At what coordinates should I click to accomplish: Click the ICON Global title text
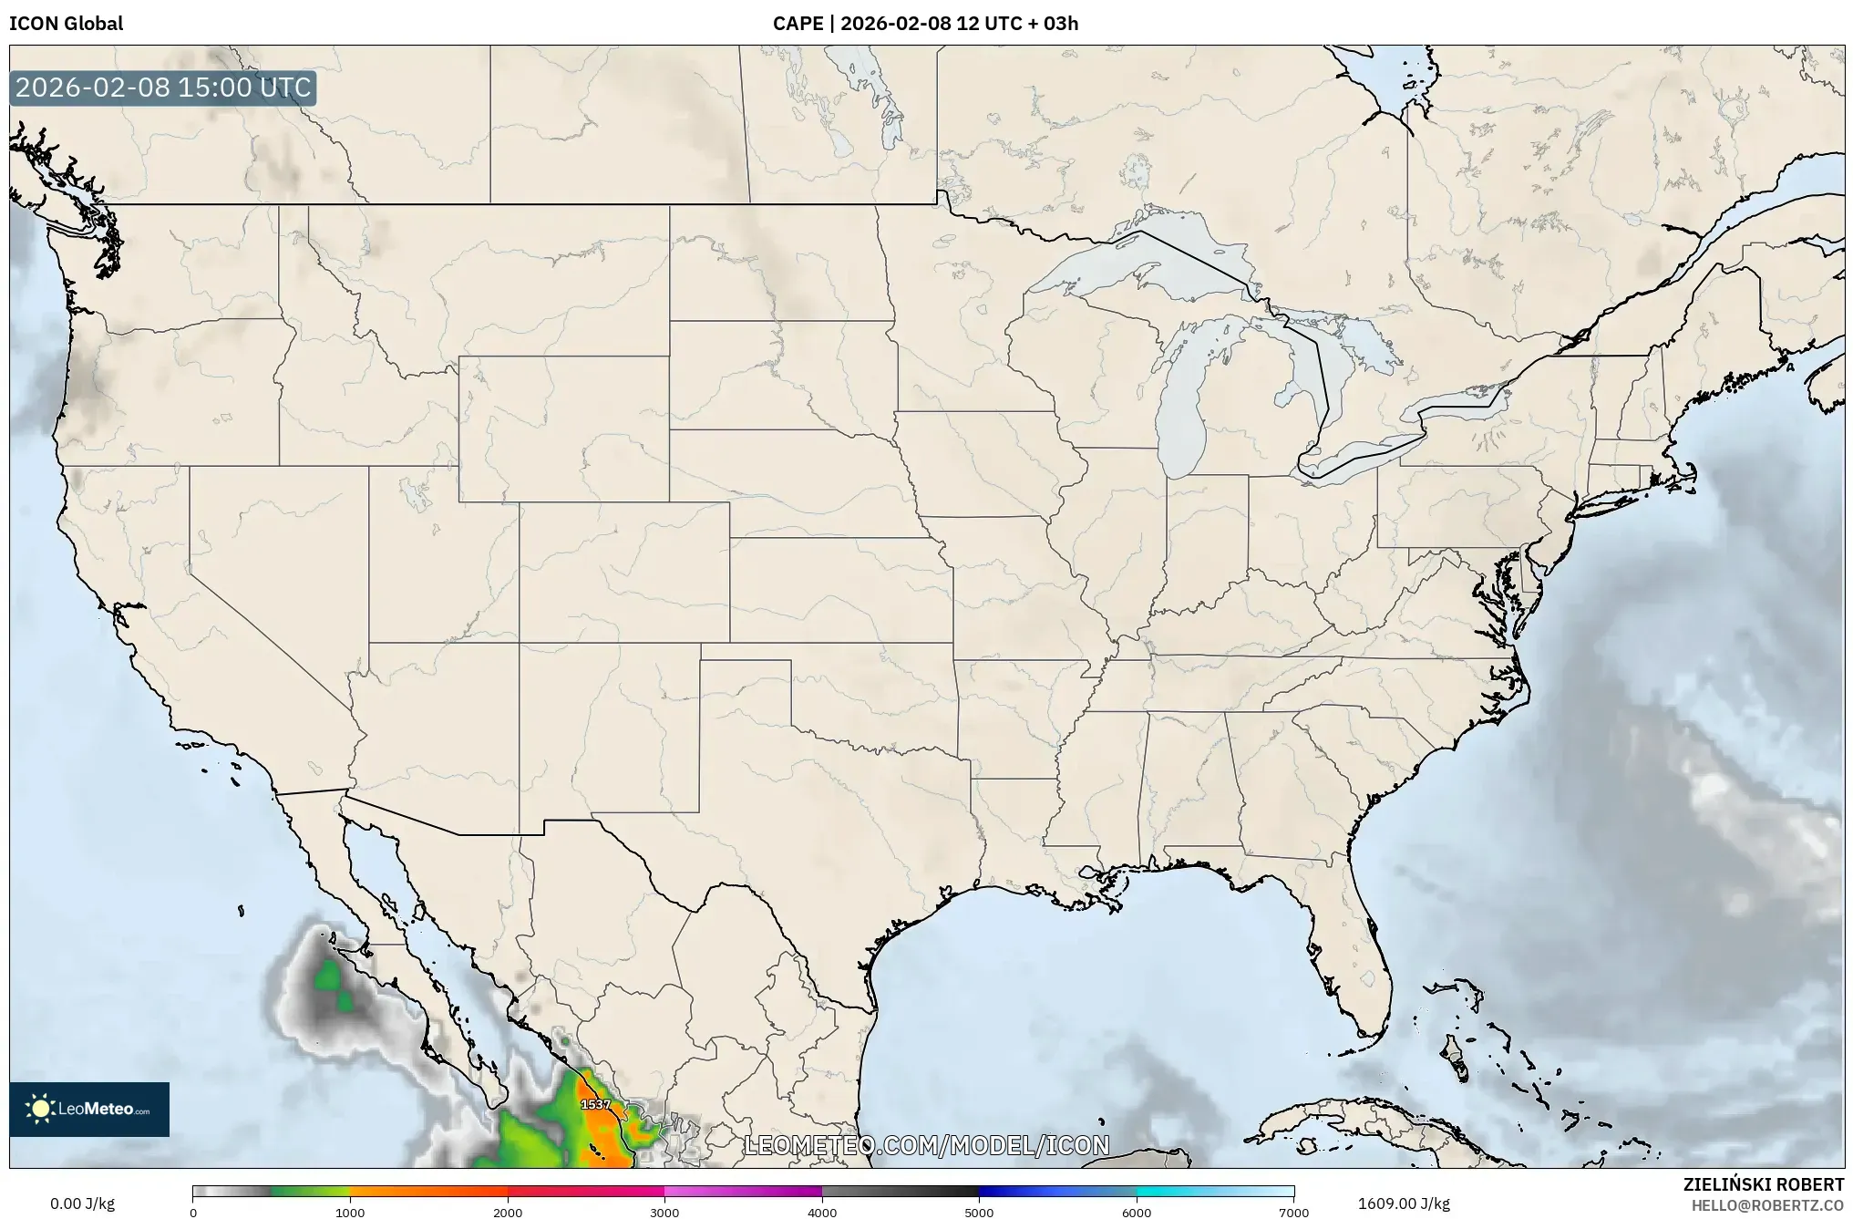click(x=66, y=24)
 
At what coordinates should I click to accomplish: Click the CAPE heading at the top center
click(x=925, y=24)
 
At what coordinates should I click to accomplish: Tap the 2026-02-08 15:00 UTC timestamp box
click(x=163, y=88)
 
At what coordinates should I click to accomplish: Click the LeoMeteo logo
click(x=89, y=1109)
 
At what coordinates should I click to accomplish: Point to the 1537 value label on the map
click(x=596, y=1104)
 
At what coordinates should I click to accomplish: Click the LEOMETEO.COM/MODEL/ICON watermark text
click(x=926, y=1145)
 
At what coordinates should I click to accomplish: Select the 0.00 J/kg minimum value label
click(x=82, y=1204)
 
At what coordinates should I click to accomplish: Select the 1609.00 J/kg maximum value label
click(x=1404, y=1204)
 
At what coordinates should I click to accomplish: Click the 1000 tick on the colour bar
click(x=350, y=1213)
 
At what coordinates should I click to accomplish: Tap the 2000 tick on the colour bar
click(x=508, y=1213)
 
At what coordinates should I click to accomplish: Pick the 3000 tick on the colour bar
click(x=664, y=1213)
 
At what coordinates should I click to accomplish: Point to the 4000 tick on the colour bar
click(x=822, y=1213)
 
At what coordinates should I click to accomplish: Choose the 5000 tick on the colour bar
click(x=979, y=1213)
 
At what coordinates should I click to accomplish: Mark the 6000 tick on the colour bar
click(x=1137, y=1213)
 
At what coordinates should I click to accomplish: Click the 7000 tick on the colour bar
click(x=1293, y=1213)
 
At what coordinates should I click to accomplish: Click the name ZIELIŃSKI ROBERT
click(x=1763, y=1184)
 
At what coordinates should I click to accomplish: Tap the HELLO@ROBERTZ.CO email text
click(x=1767, y=1205)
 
